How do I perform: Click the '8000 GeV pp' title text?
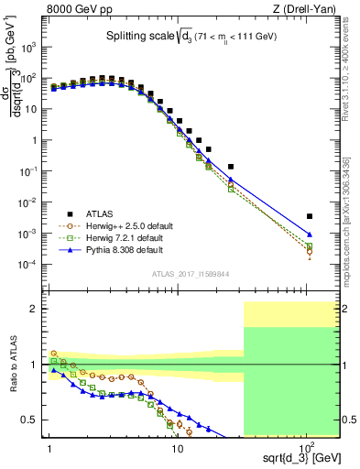pyautogui.click(x=80, y=9)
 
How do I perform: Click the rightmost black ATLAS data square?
pyautogui.click(x=310, y=216)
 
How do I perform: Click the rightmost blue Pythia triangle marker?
pyautogui.click(x=310, y=234)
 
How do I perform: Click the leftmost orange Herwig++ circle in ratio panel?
pyautogui.click(x=53, y=353)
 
